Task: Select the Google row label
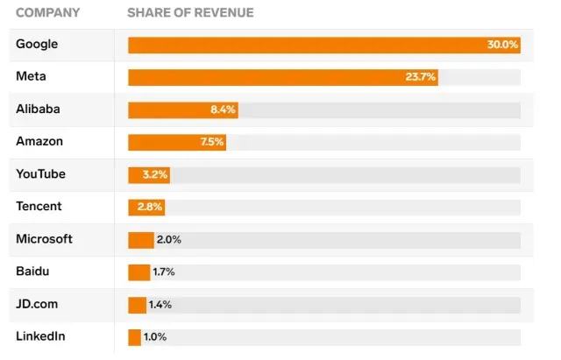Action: [x=36, y=44]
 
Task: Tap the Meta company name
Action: [x=31, y=77]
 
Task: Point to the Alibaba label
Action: [x=39, y=109]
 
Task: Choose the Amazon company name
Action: [x=39, y=142]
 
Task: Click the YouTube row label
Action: [x=40, y=174]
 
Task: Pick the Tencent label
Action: [x=40, y=207]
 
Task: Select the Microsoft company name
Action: [x=44, y=239]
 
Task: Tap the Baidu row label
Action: [x=32, y=272]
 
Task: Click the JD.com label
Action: [x=37, y=304]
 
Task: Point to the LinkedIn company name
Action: [x=40, y=336]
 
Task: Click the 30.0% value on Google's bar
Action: [x=502, y=45]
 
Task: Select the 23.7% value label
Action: [x=420, y=77]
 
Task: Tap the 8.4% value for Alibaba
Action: [x=223, y=109]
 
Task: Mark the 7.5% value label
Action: [x=211, y=142]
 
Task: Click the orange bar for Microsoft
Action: [x=140, y=239]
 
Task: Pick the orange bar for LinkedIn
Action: [x=134, y=336]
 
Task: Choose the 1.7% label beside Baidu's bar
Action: [x=164, y=272]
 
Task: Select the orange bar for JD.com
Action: [x=137, y=304]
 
